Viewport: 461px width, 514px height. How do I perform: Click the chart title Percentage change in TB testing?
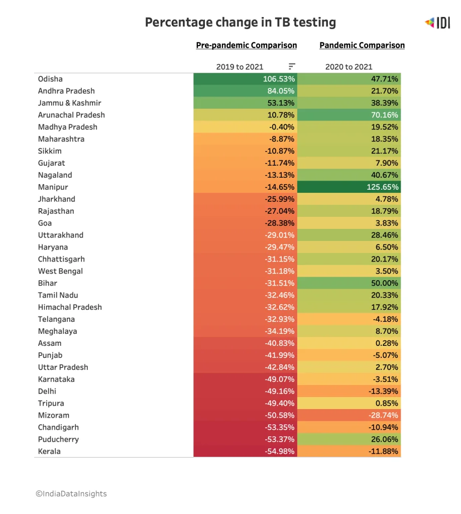tap(241, 22)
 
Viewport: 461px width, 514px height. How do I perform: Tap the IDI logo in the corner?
tap(437, 23)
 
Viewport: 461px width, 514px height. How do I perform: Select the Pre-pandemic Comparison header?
tap(246, 45)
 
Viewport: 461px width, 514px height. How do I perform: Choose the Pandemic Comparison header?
tap(362, 45)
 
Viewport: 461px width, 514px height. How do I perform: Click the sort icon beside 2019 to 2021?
tap(292, 67)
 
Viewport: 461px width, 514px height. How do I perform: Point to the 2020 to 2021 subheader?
tap(349, 67)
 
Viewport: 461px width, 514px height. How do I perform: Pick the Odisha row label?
tap(50, 79)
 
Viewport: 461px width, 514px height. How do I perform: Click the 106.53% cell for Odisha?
tap(245, 79)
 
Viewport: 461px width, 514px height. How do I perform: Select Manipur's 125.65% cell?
tap(349, 187)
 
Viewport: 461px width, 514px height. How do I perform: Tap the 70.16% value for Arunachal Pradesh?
tap(349, 115)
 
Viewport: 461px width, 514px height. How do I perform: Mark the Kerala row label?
tap(49, 451)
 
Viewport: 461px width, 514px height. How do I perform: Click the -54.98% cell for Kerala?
tap(245, 451)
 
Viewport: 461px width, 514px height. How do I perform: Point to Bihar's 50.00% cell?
tap(349, 283)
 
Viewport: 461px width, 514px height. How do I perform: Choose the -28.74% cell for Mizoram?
tap(349, 415)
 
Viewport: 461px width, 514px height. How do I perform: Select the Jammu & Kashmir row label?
tap(69, 103)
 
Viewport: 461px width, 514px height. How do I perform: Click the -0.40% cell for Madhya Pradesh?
tap(245, 127)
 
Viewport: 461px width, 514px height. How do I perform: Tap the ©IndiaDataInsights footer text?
tap(71, 494)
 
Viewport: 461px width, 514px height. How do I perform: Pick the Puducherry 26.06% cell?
tap(349, 439)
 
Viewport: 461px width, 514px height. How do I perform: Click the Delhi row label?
tap(47, 392)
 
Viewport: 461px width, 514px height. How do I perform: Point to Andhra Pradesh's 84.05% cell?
tap(245, 91)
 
